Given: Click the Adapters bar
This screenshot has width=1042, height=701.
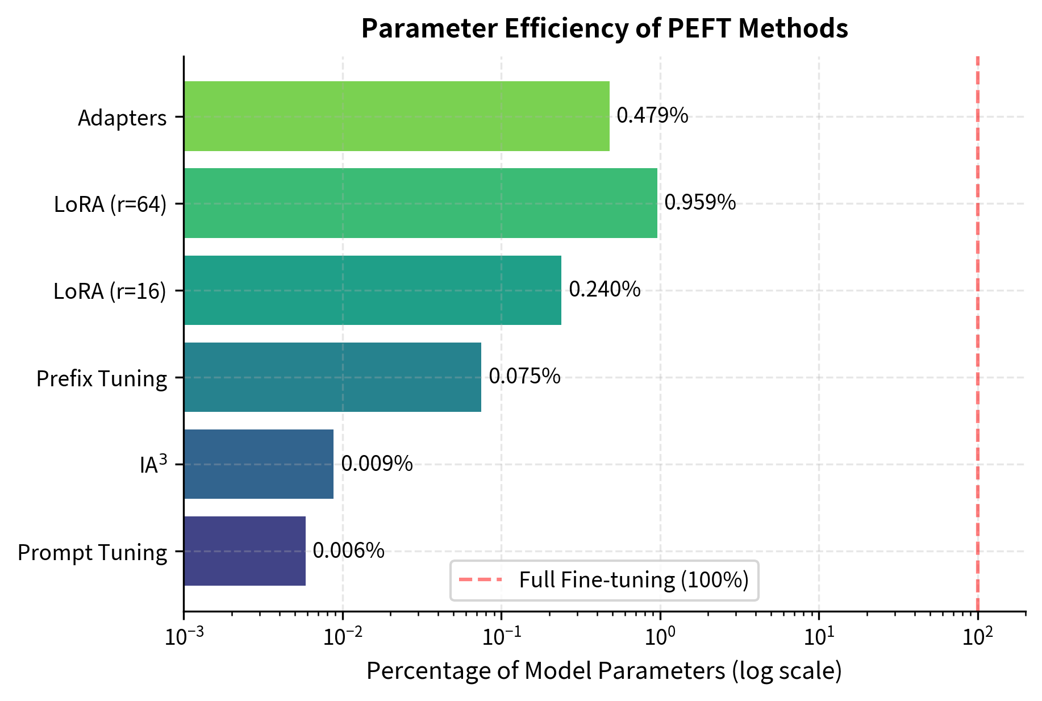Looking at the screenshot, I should click(x=397, y=116).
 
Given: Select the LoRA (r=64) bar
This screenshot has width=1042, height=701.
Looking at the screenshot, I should click(x=420, y=203).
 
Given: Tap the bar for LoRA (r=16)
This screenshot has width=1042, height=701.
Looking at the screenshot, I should click(x=372, y=290).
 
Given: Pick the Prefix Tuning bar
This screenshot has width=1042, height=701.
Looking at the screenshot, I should click(x=332, y=377).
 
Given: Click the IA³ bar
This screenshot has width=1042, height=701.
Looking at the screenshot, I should click(x=259, y=464).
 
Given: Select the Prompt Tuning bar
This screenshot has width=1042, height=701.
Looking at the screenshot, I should click(x=244, y=551).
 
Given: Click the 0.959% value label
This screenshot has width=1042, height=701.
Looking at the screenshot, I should click(x=700, y=203).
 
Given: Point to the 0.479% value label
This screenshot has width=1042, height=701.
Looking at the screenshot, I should click(x=652, y=116).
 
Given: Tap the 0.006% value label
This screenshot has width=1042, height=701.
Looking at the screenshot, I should click(x=348, y=550).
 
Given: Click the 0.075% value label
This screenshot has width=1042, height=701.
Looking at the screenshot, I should click(x=524, y=377).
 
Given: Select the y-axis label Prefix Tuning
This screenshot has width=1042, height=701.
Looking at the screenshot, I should click(x=102, y=378).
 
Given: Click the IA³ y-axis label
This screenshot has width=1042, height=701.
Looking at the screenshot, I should click(x=153, y=465).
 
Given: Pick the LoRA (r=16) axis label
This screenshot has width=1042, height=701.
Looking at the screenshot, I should click(x=110, y=291).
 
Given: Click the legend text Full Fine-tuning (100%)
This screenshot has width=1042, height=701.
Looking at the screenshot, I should click(x=633, y=580).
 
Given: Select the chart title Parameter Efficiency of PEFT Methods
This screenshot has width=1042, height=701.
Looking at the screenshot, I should click(x=605, y=28).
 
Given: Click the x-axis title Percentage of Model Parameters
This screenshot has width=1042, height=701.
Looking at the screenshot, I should click(x=604, y=671).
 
